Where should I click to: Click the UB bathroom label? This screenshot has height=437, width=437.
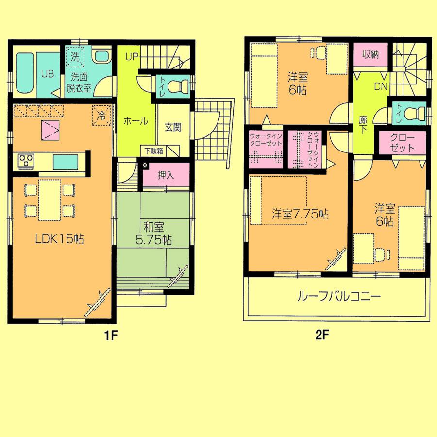(47, 74)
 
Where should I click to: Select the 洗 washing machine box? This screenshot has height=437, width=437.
(75, 56)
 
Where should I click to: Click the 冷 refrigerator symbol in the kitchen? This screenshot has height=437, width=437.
(101, 116)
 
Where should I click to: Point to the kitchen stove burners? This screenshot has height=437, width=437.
(25, 159)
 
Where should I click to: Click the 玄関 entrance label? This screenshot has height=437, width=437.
(172, 128)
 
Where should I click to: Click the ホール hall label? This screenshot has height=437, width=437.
(135, 121)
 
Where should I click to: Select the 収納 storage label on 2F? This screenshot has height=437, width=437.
(370, 55)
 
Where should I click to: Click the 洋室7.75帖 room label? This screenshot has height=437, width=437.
(300, 213)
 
